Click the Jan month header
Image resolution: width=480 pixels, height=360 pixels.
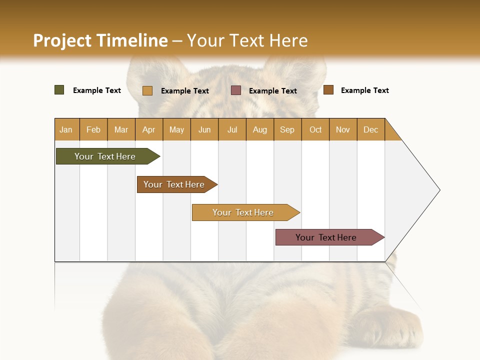coord(66,129)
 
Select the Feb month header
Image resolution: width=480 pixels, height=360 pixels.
coord(93,129)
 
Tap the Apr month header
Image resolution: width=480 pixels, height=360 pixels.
coord(148,129)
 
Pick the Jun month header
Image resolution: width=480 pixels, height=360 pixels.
coord(204,129)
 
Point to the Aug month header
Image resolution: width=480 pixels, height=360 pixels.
coord(259,129)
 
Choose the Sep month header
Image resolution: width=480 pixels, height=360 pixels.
coord(287,129)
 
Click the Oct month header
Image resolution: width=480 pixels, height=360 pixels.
coord(315,129)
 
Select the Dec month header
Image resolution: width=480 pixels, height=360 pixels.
coord(370,129)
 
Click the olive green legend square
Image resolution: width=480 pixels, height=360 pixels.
coord(59,90)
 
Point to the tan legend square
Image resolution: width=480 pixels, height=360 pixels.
coord(147,90)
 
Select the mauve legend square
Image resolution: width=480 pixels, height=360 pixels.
coord(236,90)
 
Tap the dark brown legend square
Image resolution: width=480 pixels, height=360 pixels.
coord(328,90)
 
